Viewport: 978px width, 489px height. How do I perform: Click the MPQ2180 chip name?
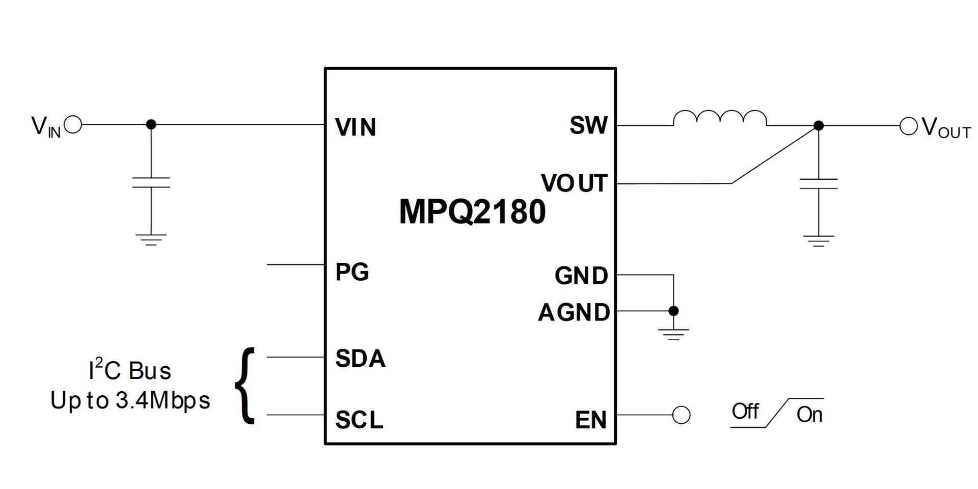pyautogui.click(x=472, y=211)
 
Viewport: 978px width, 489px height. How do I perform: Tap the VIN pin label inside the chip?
pyautogui.click(x=356, y=127)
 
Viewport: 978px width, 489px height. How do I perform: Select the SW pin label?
pyautogui.click(x=589, y=125)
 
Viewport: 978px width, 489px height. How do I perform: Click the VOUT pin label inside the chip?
pyautogui.click(x=574, y=183)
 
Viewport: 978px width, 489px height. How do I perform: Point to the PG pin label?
pyautogui.click(x=352, y=272)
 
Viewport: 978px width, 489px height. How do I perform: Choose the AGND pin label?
pyautogui.click(x=574, y=312)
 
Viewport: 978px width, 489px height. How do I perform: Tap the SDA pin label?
pyautogui.click(x=360, y=359)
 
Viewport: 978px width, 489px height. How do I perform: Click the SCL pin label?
pyautogui.click(x=359, y=420)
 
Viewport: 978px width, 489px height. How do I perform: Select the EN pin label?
pyautogui.click(x=591, y=420)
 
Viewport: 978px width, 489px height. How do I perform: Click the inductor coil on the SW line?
pyautogui.click(x=720, y=118)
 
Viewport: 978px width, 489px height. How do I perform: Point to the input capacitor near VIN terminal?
pyautogui.click(x=151, y=182)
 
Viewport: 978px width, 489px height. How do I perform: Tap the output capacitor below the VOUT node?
pyautogui.click(x=819, y=183)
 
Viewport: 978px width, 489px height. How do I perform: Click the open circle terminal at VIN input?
pyautogui.click(x=73, y=124)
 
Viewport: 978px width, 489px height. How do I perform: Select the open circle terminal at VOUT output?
pyautogui.click(x=909, y=126)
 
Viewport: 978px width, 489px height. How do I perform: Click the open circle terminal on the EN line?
pyautogui.click(x=682, y=415)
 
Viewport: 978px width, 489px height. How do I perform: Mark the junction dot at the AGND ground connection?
pyautogui.click(x=673, y=311)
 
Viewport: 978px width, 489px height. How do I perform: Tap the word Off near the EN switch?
pyautogui.click(x=745, y=411)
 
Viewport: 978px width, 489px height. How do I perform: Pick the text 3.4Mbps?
pyautogui.click(x=163, y=400)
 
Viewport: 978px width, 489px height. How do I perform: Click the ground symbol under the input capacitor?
pyautogui.click(x=151, y=239)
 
